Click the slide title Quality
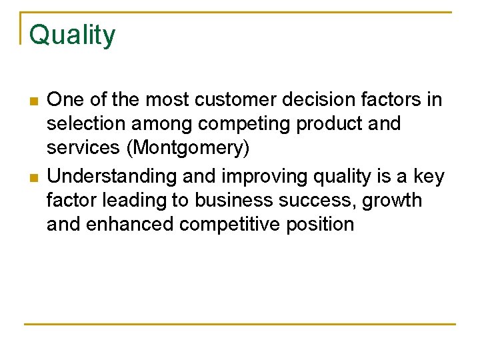72,35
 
